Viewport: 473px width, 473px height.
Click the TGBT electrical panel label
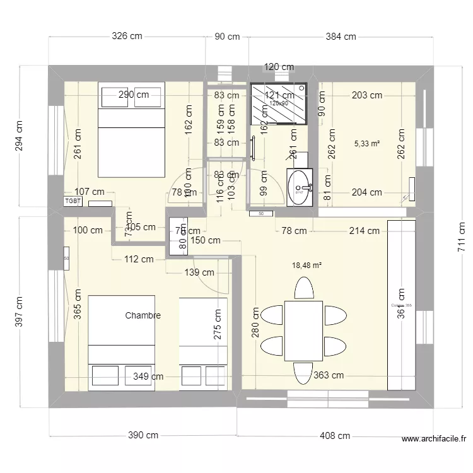73,201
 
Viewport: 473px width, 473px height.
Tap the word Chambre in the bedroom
143,315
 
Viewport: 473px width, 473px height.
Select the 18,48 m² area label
307,266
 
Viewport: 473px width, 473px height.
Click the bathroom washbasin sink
300,187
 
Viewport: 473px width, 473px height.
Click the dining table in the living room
303,330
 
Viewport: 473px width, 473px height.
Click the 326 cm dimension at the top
127,37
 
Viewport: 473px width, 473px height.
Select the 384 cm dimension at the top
341,37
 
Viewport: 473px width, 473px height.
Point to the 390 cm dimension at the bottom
144,435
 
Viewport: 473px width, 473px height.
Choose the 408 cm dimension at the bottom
335,435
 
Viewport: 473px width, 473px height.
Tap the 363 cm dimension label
328,376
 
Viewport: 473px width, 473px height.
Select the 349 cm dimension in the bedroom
149,377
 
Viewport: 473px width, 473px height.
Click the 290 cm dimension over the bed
134,95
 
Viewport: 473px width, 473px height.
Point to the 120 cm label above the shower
279,67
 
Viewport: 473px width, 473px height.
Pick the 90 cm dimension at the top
227,37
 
